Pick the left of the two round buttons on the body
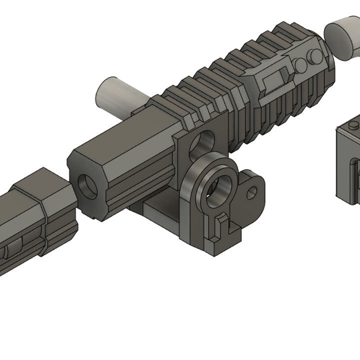pyautogui.click(x=301, y=65)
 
